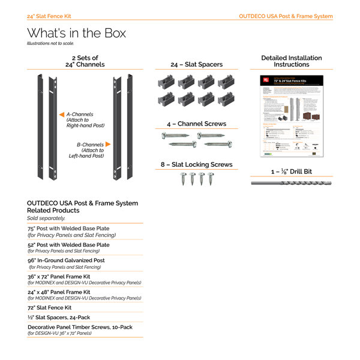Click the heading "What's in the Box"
click(x=76, y=33)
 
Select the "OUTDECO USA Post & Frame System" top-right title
click(x=285, y=16)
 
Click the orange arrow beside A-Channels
click(x=61, y=113)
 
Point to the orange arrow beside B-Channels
click(x=108, y=145)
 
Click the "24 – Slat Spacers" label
click(x=196, y=64)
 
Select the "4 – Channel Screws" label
click(x=196, y=124)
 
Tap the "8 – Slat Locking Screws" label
click(x=196, y=164)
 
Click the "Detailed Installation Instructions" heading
click(x=291, y=61)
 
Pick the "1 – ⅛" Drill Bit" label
click(x=291, y=172)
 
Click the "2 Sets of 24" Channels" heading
click(x=85, y=61)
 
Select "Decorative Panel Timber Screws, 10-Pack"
click(x=80, y=327)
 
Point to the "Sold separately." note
click(x=46, y=218)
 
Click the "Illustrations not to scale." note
click(x=55, y=44)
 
